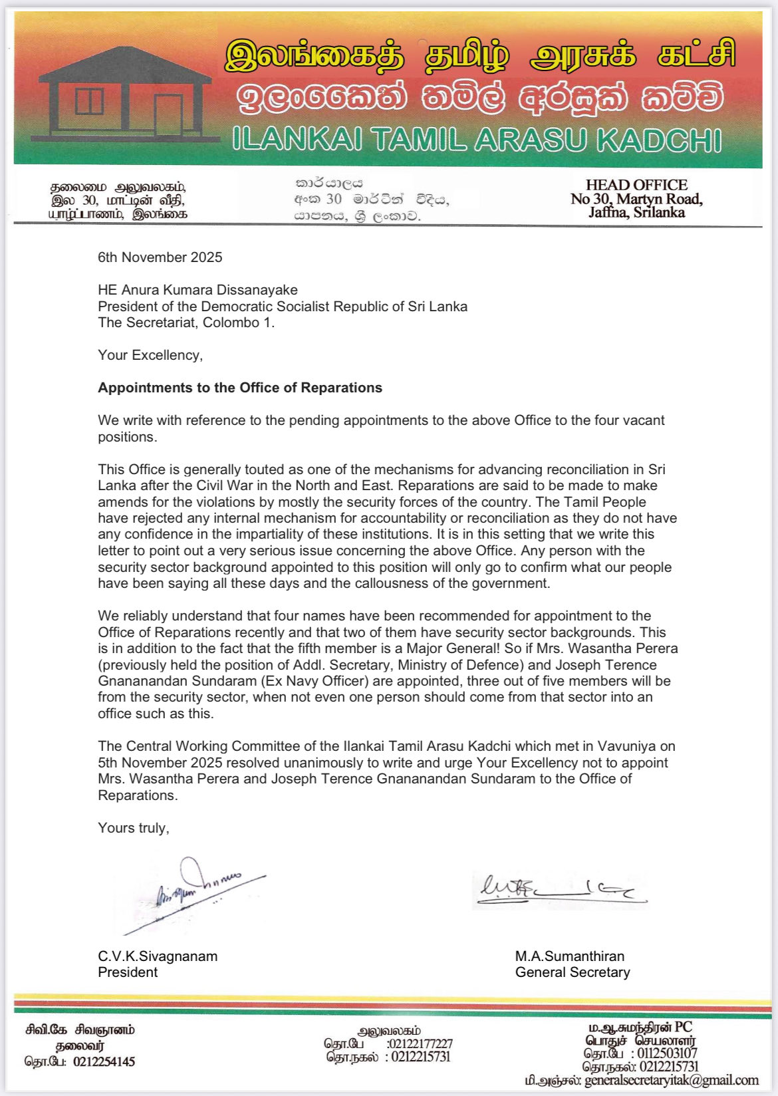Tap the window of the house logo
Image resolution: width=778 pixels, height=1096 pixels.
point(89,102)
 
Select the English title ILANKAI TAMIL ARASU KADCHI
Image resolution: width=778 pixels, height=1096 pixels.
point(477,140)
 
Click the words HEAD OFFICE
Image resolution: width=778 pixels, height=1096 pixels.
point(636,185)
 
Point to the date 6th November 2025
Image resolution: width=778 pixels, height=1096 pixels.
point(160,257)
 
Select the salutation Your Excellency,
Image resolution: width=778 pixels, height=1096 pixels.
point(150,355)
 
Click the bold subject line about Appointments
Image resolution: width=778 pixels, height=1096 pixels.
point(240,388)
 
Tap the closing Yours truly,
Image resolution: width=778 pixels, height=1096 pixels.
point(134,828)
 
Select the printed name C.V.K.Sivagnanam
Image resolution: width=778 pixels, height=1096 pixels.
point(158,956)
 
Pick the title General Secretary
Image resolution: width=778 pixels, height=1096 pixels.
point(573,972)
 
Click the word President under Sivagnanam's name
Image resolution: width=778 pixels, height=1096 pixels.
point(128,972)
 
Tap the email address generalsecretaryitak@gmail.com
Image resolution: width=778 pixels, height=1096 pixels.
point(672,1081)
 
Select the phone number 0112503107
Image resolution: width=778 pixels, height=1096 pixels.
point(667,1053)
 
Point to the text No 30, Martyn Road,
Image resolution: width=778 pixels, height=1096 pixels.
point(636,199)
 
